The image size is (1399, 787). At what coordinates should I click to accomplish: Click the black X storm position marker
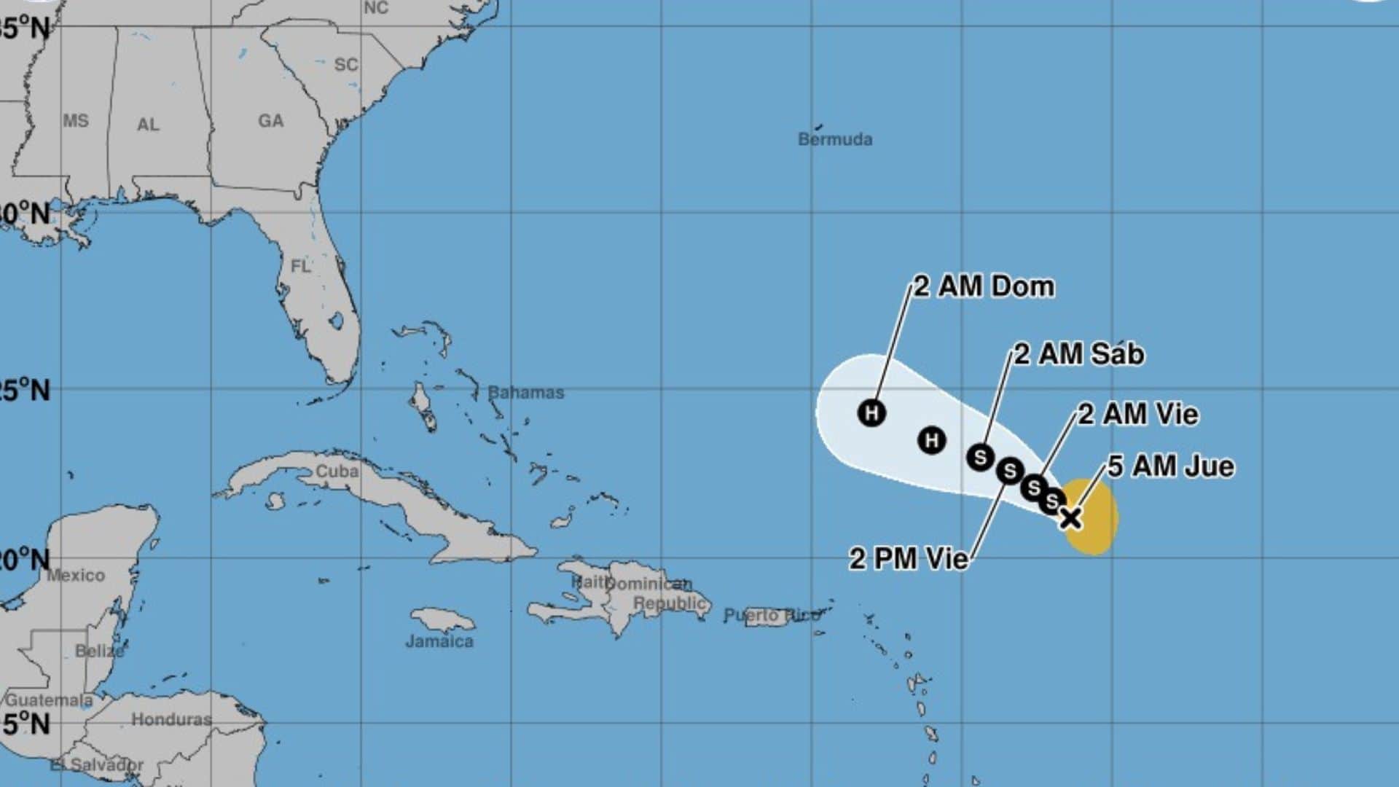(1070, 518)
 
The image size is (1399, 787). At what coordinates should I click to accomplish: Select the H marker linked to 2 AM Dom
(871, 412)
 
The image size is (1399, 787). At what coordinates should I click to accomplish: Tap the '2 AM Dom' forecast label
(984, 286)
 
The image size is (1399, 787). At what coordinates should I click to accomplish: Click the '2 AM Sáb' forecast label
(1079, 354)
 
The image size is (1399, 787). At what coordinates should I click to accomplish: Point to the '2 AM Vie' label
(1138, 414)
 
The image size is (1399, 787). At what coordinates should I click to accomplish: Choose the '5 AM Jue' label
(1171, 466)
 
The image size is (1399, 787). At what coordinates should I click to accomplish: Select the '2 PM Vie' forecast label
(909, 559)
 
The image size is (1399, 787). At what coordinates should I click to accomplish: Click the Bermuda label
(835, 139)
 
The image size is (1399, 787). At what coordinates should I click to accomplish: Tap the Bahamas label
(525, 393)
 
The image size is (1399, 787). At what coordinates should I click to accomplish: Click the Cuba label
(337, 471)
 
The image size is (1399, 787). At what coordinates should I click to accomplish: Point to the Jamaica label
(439, 641)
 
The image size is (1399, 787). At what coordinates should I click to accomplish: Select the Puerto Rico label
(772, 616)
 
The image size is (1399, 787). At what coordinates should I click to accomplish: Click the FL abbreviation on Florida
(300, 267)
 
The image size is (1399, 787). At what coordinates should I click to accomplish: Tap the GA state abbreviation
(270, 121)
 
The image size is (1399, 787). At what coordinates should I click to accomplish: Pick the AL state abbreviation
(148, 125)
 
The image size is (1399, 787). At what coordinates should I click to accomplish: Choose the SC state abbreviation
(346, 65)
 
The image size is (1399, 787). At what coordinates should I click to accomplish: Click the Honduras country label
(171, 719)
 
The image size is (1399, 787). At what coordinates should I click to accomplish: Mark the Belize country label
(100, 651)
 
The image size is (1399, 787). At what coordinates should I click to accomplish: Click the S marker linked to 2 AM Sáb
(980, 457)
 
